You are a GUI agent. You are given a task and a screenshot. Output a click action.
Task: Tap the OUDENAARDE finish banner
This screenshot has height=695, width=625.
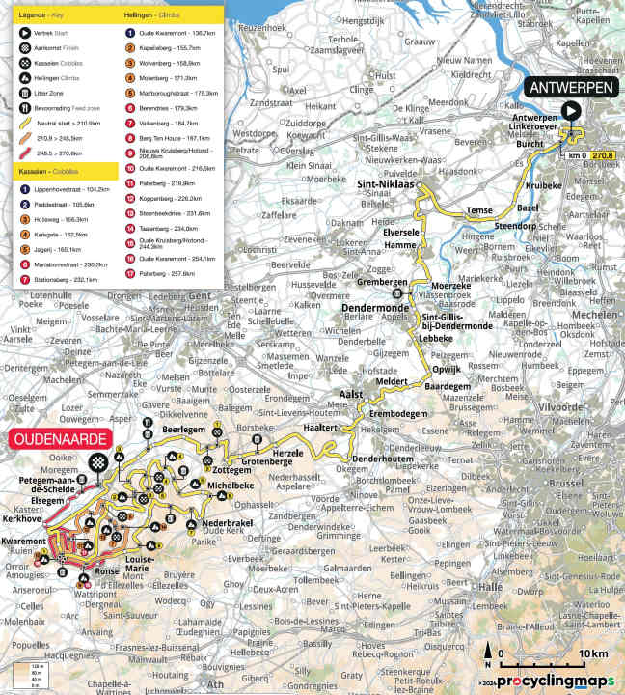(60, 437)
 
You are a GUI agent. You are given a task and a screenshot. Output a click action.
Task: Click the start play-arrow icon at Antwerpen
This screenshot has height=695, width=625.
(571, 111)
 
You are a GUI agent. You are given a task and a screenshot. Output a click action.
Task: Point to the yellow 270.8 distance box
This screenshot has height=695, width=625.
(603, 153)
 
